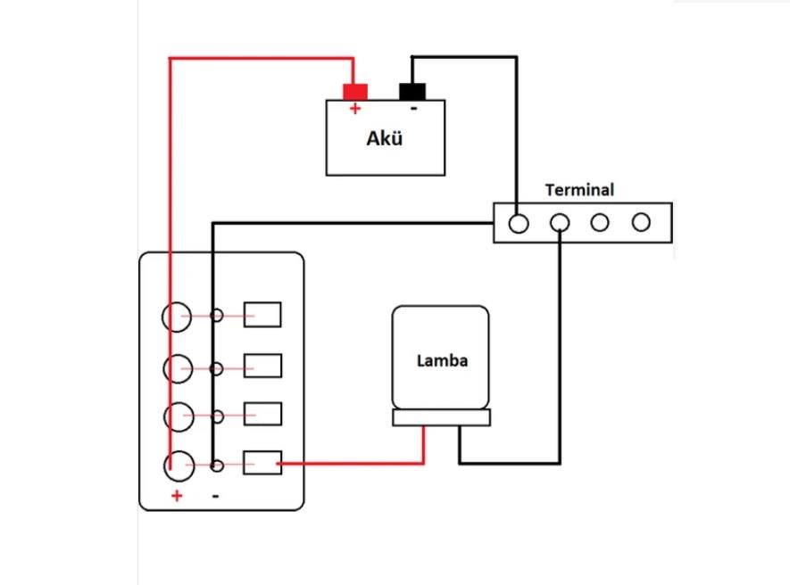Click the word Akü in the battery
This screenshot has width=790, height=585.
pos(385,139)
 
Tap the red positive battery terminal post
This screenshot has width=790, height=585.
pos(355,91)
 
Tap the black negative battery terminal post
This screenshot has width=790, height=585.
pos(412,91)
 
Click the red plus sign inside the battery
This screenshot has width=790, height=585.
pos(354,109)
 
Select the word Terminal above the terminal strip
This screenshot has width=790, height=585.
pos(579,190)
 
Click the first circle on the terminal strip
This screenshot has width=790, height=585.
pos(518,223)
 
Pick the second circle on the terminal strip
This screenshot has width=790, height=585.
pos(560,223)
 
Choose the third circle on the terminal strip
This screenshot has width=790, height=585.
pos(600,223)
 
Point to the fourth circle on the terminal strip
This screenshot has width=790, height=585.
pos(641,223)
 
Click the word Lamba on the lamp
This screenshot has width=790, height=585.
pos(442,361)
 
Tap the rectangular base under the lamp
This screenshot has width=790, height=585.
pos(442,417)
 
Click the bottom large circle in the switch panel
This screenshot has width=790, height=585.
pos(178,465)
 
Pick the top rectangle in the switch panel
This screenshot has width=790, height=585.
pos(262,315)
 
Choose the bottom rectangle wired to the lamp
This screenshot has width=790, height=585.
pos(262,464)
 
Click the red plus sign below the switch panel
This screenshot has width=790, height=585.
pos(177,496)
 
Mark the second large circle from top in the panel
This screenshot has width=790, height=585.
pos(177,367)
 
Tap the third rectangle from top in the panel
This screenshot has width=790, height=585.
pos(262,415)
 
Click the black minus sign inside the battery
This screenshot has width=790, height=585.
pos(412,109)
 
